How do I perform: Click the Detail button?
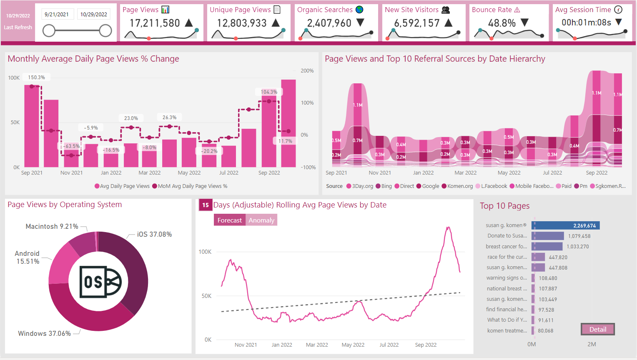598,329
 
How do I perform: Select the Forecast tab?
229,220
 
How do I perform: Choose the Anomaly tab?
261,220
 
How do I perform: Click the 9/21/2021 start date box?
57,14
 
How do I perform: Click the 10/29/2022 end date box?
94,14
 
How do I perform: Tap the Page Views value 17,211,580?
155,23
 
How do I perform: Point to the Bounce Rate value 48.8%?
502,23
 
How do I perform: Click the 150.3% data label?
37,77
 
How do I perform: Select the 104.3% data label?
269,92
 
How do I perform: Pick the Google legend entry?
430,186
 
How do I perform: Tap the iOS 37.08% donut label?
154,234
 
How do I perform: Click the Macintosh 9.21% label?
52,226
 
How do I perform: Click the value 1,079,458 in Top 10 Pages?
579,236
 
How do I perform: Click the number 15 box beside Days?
206,205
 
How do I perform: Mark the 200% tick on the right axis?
307,71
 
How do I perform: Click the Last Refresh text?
18,27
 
